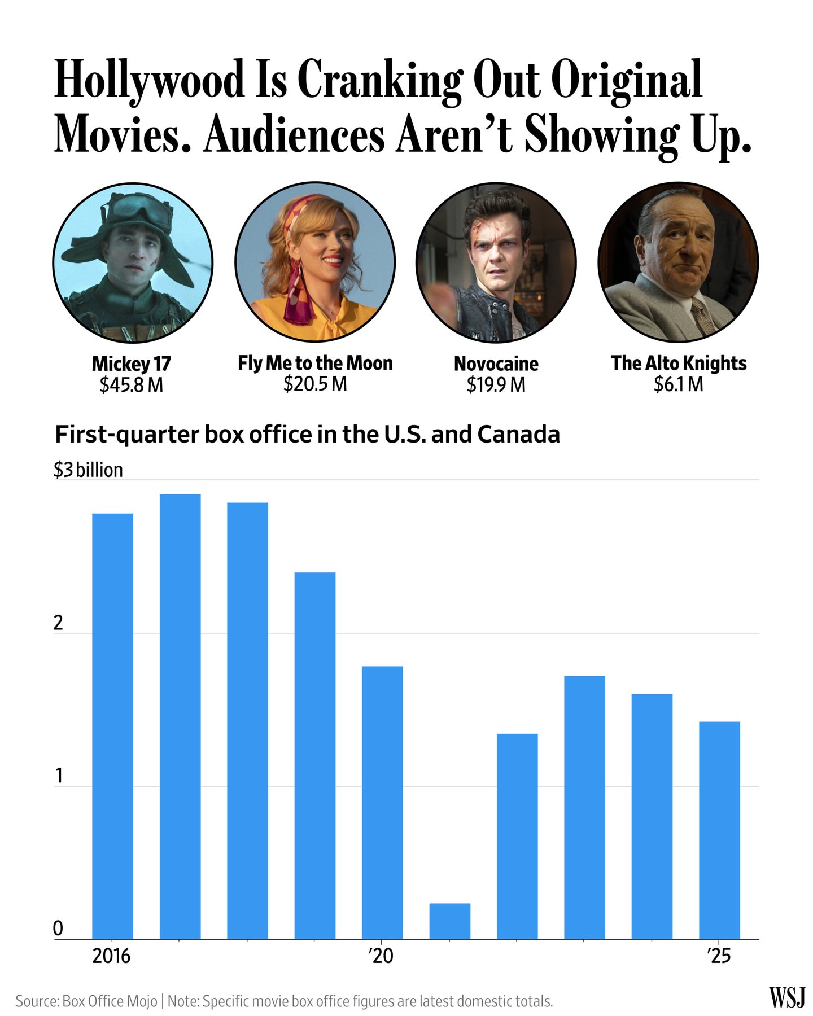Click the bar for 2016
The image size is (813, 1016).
(x=112, y=726)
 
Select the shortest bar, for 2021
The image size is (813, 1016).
(x=450, y=921)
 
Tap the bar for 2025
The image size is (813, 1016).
(x=719, y=830)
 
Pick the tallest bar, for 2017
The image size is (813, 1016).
(x=180, y=716)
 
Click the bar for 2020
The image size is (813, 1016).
(x=382, y=803)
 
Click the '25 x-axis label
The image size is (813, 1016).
(x=719, y=956)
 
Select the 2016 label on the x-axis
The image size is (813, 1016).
(x=111, y=956)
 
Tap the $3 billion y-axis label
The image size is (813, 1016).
(x=88, y=470)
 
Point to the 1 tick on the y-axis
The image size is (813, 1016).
(x=58, y=777)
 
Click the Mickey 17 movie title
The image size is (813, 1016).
(x=132, y=364)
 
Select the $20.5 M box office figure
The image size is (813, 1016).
(x=315, y=384)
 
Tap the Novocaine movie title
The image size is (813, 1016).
(x=496, y=364)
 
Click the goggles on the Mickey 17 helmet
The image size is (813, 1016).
(x=133, y=209)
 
